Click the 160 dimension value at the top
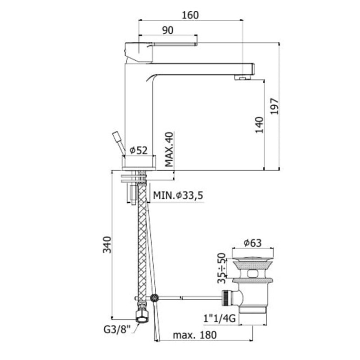click(190, 15)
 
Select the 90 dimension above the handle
click(168, 30)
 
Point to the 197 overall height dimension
click(274, 106)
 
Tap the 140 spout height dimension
click(260, 125)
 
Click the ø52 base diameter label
click(139, 150)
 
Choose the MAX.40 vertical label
click(169, 149)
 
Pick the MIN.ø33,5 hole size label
click(178, 196)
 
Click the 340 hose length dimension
click(107, 244)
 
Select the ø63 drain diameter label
click(252, 243)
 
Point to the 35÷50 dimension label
click(222, 268)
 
